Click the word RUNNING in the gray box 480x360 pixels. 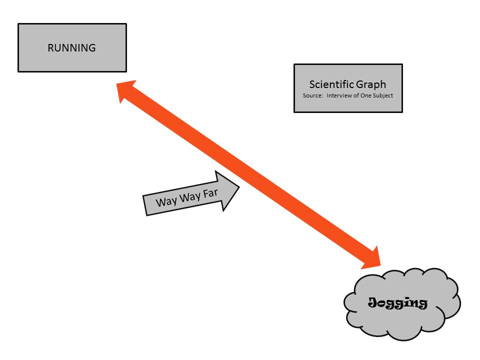71,48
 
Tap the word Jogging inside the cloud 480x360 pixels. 398,302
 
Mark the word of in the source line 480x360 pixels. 357,95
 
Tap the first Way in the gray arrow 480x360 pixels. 166,201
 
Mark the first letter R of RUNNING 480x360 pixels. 50,48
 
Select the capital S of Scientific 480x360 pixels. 312,84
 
